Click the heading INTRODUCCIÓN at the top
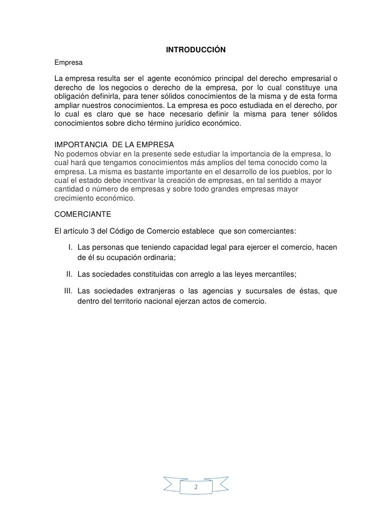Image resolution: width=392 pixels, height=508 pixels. [x=195, y=50]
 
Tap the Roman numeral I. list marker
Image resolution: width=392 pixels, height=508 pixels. [x=71, y=248]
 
